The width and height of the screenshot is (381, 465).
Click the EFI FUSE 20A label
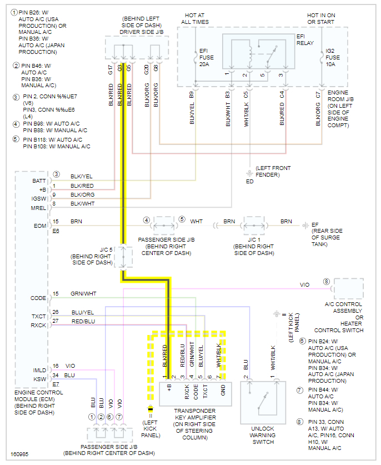(207, 58)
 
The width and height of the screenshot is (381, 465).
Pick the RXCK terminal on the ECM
(38, 324)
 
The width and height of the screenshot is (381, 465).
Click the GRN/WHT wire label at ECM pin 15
(83, 294)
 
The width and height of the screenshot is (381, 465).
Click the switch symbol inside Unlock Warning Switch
(262, 401)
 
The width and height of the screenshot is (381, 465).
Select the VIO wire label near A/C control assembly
(304, 285)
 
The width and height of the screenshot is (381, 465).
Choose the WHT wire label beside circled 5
(197, 221)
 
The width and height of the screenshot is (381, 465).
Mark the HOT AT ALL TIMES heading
(195, 18)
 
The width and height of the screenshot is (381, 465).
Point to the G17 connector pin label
(111, 70)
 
